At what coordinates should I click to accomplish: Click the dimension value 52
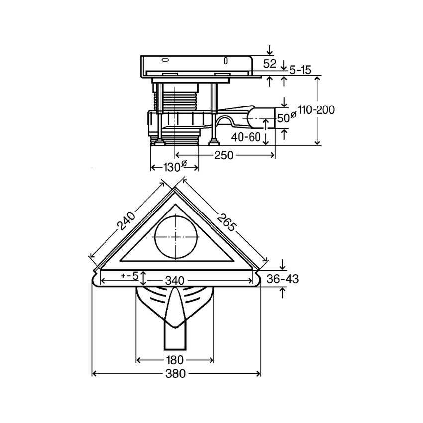270,64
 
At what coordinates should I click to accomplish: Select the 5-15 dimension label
300,70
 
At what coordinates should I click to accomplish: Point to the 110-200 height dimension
316,110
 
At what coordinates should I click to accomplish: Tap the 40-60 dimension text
246,137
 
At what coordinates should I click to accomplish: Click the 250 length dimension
224,155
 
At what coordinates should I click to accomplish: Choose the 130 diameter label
175,167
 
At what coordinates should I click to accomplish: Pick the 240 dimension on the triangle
126,221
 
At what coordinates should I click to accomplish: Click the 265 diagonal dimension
227,222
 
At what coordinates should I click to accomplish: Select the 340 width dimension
175,281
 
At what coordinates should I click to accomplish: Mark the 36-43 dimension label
283,279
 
